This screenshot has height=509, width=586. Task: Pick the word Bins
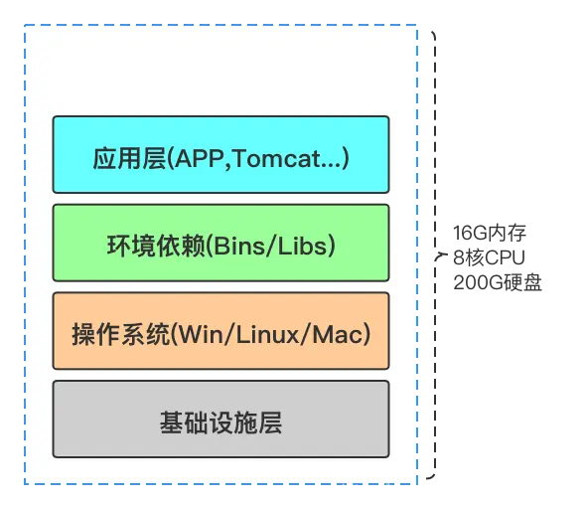click(236, 245)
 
